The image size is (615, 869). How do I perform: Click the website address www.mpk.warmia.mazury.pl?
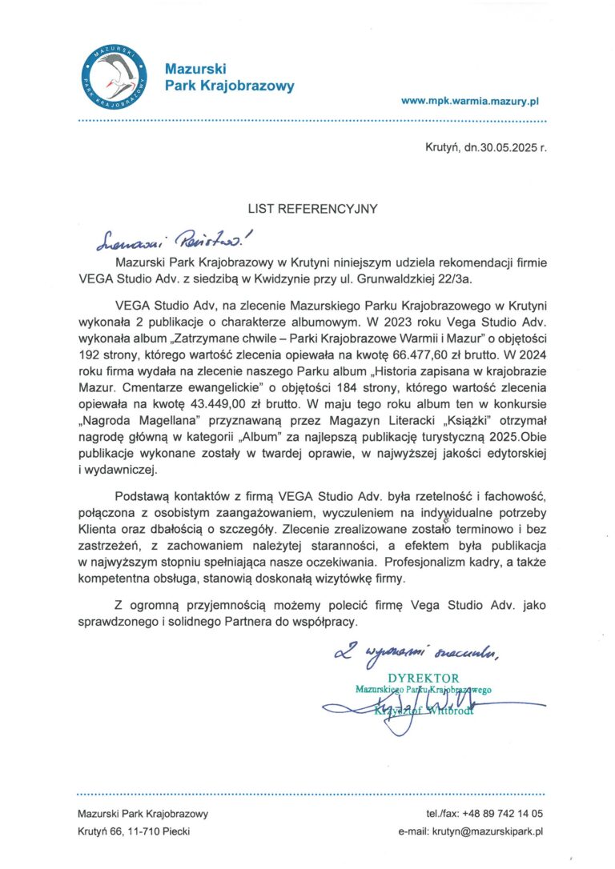pos(470,102)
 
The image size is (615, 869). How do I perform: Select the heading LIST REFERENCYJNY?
pos(312,209)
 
